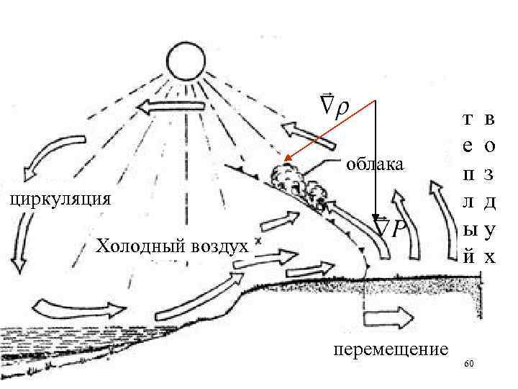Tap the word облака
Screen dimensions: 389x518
375,165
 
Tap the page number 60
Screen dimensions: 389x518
469,365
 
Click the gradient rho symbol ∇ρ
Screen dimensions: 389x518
334,106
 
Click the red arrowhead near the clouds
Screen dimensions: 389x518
287,159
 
